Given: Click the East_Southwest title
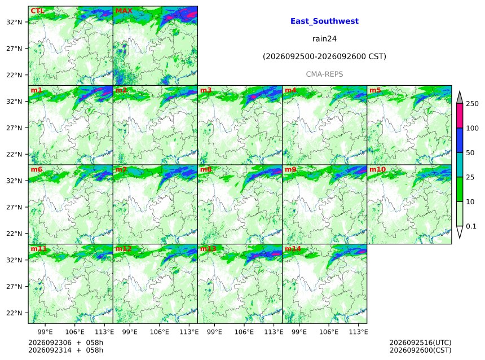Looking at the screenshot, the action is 324,21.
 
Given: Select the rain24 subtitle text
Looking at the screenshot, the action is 324,39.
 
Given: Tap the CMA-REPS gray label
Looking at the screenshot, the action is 324,74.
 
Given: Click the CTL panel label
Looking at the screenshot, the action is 37,11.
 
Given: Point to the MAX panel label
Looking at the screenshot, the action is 124,11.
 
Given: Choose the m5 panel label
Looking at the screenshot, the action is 375,90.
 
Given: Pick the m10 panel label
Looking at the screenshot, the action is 377,169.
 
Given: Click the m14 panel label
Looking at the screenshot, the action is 293,249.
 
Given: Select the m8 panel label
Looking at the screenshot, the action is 206,169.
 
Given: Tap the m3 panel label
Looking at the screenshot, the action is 206,90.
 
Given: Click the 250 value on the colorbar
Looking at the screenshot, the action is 472,104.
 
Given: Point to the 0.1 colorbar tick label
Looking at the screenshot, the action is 471,226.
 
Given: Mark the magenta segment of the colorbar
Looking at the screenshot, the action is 460,116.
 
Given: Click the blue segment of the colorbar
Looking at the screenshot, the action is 460,140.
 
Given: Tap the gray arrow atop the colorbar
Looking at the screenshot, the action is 460,97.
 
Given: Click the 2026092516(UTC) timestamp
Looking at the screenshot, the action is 420,343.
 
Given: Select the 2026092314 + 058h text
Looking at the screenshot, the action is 65,350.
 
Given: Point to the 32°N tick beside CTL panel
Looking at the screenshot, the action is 14,22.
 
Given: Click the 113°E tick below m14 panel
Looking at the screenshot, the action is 359,332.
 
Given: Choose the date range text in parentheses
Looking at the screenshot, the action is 324,56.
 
